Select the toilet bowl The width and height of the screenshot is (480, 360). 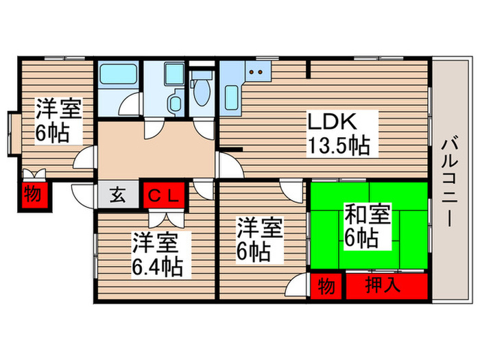click(202, 93)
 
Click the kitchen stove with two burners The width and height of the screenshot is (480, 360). click(259, 71)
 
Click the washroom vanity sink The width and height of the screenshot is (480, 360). click(176, 104)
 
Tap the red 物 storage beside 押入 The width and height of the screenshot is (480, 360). click(327, 285)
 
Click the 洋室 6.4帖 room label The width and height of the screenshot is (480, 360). click(157, 254)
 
